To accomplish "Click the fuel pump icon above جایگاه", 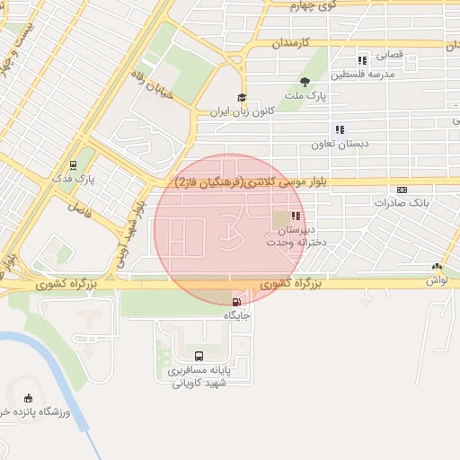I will click(236, 303).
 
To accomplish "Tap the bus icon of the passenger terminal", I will click(199, 356).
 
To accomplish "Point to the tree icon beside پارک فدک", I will click(75, 166).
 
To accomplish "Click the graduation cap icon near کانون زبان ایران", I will click(241, 99).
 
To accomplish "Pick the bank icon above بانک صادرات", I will click(401, 190).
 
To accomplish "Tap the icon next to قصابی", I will click(362, 60).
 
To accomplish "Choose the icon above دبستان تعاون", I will click(339, 129).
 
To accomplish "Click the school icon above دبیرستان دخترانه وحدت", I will click(296, 216).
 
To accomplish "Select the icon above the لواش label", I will click(437, 266).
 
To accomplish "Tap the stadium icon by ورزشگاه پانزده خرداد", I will click(29, 398).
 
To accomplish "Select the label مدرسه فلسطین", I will click(363, 75).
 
